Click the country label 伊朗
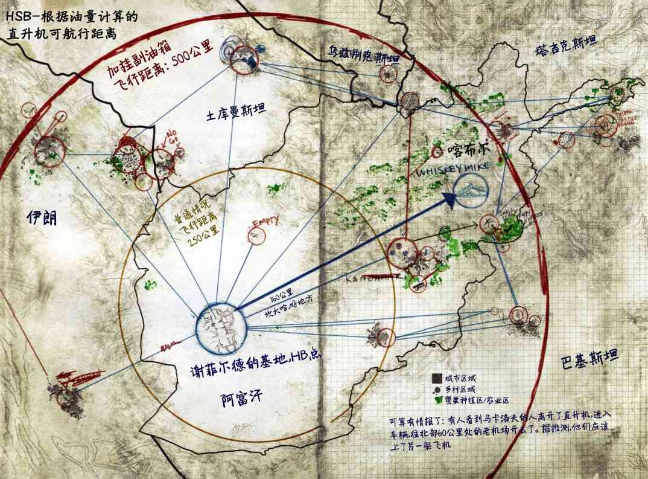tap(42, 218)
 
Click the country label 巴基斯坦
tap(588, 356)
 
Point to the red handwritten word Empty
tap(266, 221)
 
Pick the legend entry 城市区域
tap(458, 378)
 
